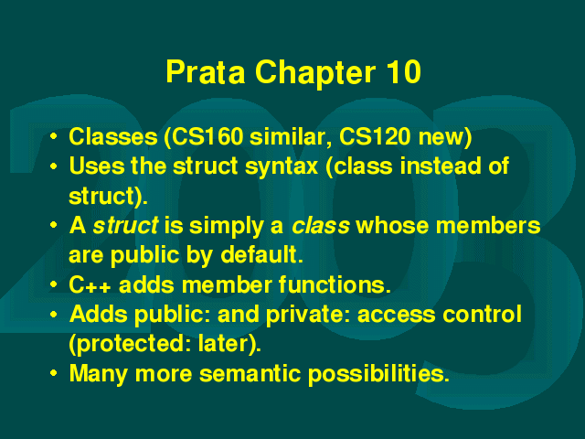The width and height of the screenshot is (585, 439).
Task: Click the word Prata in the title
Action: click(206, 72)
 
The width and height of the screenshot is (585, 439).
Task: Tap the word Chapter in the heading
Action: click(315, 74)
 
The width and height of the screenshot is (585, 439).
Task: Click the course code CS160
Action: click(206, 136)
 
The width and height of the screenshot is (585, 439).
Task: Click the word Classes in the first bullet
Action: click(113, 136)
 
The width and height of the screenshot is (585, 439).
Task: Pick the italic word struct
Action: click(126, 226)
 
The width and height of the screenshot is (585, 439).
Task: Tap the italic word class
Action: click(321, 226)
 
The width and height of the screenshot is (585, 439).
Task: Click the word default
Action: click(261, 255)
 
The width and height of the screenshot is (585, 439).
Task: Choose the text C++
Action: click(90, 284)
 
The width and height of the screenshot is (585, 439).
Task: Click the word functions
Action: click(335, 284)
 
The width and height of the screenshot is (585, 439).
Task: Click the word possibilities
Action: click(378, 375)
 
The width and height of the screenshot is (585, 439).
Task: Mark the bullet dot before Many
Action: click(54, 373)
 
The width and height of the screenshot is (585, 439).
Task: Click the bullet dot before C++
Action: click(54, 284)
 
